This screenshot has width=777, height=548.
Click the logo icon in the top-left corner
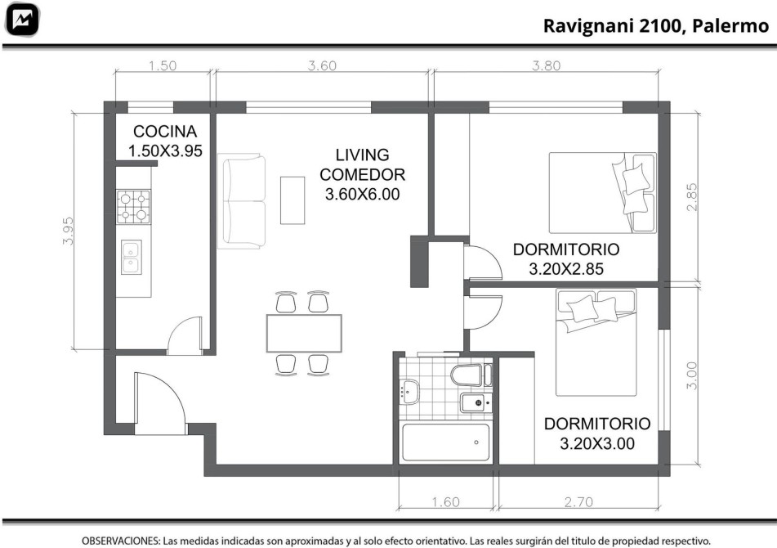[22, 20]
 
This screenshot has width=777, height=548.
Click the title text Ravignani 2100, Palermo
[655, 26]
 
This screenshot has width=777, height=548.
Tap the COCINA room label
[165, 132]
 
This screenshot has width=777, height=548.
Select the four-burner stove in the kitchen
[133, 206]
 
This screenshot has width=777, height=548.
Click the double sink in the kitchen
[132, 257]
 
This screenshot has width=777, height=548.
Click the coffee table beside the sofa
[292, 200]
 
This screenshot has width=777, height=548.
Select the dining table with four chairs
[304, 333]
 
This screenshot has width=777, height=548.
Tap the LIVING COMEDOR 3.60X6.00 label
[362, 174]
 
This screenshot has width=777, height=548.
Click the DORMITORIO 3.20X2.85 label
[566, 259]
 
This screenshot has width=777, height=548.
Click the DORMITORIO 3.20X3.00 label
[597, 433]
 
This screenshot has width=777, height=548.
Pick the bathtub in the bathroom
[446, 442]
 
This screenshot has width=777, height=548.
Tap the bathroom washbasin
[409, 391]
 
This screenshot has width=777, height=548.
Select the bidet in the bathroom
[476, 402]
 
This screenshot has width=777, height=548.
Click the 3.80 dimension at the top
[546, 65]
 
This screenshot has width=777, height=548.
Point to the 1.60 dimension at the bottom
[445, 502]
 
